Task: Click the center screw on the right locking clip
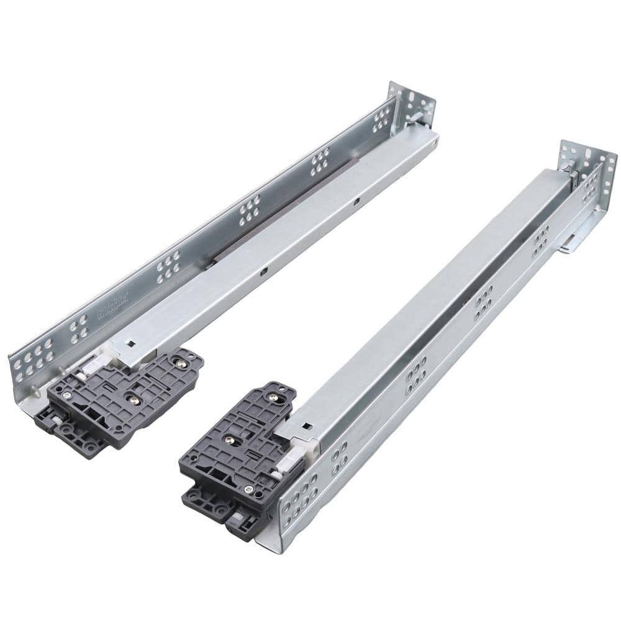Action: (x=230, y=440)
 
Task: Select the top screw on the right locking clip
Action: (x=274, y=393)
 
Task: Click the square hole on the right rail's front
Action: (x=305, y=427)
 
